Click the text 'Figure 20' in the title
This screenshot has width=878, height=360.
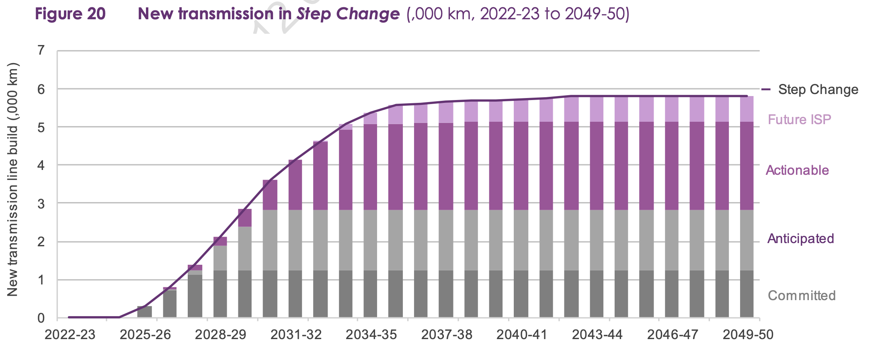point(70,14)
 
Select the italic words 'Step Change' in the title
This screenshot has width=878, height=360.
point(348,14)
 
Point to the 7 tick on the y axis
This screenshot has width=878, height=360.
point(41,51)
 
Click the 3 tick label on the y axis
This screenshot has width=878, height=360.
point(41,204)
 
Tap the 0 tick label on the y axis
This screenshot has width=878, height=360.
point(41,318)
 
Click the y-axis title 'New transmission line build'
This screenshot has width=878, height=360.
point(13,180)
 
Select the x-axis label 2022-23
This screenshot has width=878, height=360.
point(70,335)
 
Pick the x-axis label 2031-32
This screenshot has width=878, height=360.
point(296,335)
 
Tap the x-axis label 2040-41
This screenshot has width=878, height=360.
point(522,335)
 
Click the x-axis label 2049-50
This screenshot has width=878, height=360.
point(748,335)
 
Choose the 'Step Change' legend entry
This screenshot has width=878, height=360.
point(817,89)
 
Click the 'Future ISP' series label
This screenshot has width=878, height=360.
point(799,120)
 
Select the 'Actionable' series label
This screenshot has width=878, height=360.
point(797,170)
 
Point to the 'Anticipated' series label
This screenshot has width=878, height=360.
point(800,239)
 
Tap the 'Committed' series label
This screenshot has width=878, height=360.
point(802,296)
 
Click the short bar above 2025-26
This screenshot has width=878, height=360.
point(145,312)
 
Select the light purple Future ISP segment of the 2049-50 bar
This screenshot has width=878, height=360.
point(747,109)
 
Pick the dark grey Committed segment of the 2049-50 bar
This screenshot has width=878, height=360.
point(747,294)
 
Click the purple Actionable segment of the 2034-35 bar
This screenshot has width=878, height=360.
point(370,167)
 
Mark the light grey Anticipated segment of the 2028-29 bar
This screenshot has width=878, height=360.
point(220,258)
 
